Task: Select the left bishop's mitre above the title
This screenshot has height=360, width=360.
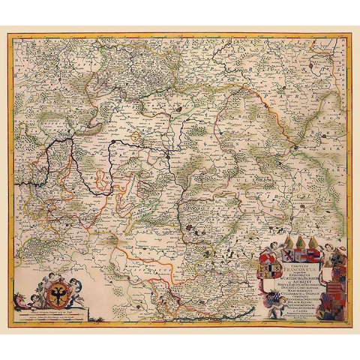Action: pos(289,241)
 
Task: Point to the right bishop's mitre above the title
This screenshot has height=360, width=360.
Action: pos(313,241)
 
